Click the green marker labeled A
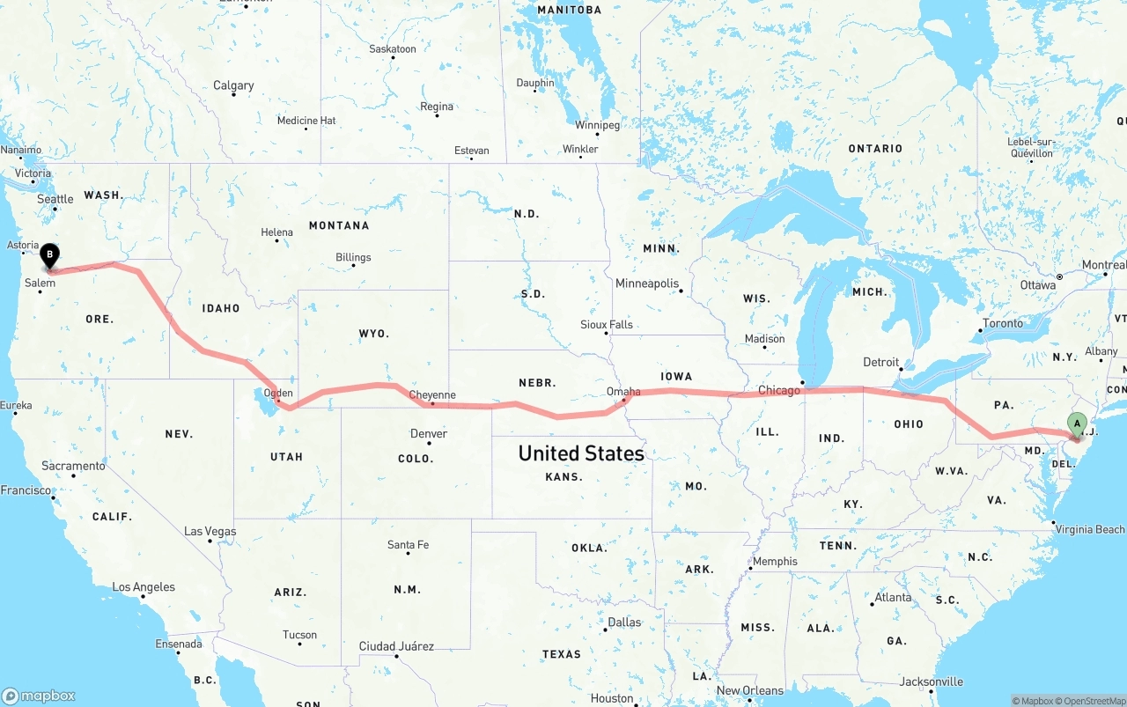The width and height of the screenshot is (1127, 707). [1076, 423]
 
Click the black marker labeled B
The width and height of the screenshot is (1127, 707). [50, 255]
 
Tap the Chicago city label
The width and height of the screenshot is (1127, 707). [779, 390]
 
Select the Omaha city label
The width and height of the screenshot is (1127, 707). [623, 391]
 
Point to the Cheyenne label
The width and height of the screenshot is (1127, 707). [432, 395]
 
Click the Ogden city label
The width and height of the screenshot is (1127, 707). [278, 393]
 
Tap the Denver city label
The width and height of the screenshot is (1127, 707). [429, 433]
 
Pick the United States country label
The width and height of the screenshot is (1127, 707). [581, 453]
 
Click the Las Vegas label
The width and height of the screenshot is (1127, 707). [210, 531]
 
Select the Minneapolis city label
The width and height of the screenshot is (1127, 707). [647, 284]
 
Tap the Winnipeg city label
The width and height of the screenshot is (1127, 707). [597, 125]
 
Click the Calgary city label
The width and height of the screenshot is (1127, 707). [233, 85]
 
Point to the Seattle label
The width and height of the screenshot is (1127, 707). [55, 199]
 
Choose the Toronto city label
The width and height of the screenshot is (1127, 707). [1003, 323]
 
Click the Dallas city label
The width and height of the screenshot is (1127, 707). [624, 622]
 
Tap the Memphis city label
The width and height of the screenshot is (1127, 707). [775, 561]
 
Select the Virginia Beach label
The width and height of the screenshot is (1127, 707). [1089, 529]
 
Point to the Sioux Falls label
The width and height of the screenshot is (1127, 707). [607, 325]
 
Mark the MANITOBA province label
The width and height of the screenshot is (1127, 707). [569, 10]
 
